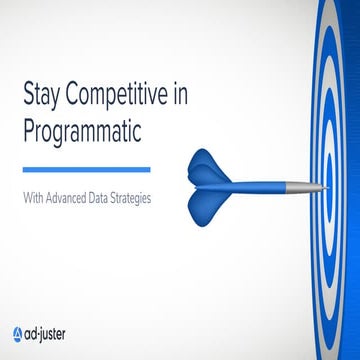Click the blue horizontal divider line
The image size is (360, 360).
tap(86, 168)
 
